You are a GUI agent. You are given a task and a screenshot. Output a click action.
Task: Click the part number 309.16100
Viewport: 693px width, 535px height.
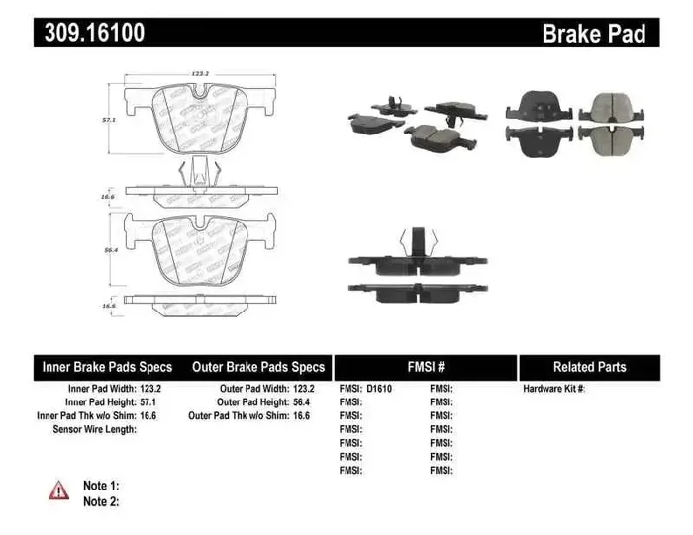tap(95, 33)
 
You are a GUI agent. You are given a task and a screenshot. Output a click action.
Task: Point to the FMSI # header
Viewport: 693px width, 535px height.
tap(426, 367)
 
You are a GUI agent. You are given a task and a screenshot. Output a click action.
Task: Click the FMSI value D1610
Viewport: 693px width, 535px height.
tap(378, 389)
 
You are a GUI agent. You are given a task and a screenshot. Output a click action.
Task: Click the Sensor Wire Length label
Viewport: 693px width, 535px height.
tap(94, 430)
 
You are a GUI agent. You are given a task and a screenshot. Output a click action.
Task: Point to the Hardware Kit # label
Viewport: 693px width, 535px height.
tap(553, 389)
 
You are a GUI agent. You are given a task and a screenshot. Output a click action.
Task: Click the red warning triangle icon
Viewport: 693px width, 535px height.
tap(59, 489)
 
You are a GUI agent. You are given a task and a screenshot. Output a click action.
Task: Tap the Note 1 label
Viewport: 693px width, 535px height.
tap(101, 486)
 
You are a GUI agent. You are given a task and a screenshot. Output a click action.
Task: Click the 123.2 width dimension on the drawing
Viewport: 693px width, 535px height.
tap(204, 72)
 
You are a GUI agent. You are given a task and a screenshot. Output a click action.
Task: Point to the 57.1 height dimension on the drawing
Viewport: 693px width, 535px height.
tap(111, 118)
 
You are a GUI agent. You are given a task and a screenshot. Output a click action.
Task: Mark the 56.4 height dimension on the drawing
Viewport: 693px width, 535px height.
tap(111, 251)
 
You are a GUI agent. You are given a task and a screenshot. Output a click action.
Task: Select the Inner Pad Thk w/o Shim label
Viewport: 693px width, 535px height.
tap(85, 416)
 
